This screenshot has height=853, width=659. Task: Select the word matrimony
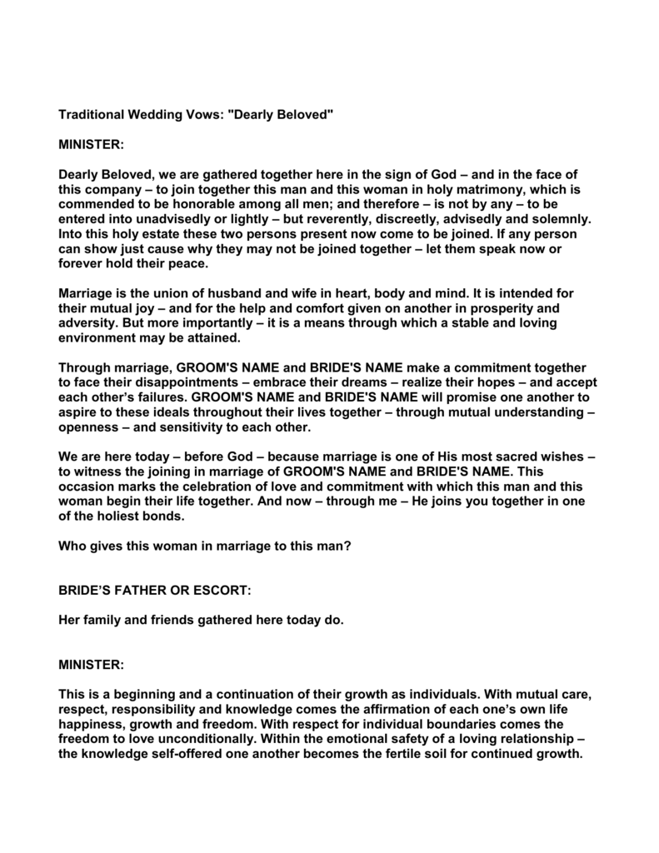pos(487,189)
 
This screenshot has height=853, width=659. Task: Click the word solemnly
pos(560,219)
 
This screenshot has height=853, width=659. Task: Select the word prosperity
pos(507,309)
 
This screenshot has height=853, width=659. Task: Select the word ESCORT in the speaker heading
pos(221,591)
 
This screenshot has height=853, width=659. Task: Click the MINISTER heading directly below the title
pos(91,144)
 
